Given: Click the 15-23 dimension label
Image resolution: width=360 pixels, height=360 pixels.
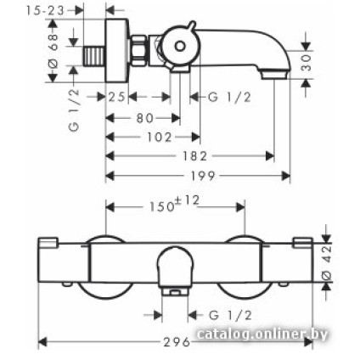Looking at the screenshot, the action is (x=45, y=10).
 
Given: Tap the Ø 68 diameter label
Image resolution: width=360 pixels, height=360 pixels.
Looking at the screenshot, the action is (x=53, y=51).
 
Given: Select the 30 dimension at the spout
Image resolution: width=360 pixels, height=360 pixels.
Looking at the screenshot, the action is (x=306, y=63).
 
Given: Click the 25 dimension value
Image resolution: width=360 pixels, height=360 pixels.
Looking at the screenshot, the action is (x=117, y=97).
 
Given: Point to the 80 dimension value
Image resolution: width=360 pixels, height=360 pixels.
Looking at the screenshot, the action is (x=145, y=118).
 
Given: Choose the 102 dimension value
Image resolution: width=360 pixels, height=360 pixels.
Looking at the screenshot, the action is (x=160, y=138).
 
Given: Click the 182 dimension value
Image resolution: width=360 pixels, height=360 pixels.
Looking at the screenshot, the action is (x=194, y=156).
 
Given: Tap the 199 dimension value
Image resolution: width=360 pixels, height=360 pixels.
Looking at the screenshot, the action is (x=203, y=176).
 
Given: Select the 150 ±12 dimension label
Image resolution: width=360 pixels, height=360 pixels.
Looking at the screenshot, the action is (x=174, y=204).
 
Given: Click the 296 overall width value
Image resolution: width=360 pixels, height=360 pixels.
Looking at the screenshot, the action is (x=177, y=342).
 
